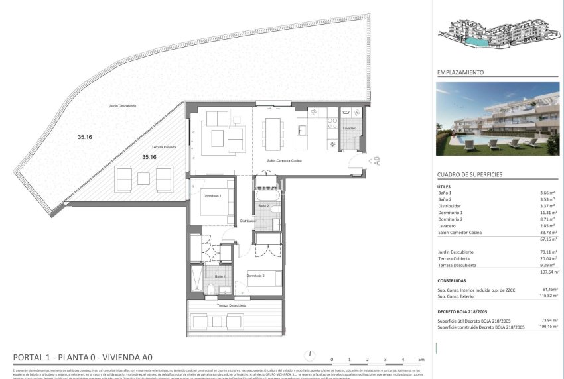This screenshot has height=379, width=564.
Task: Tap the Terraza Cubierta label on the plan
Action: coord(163,147)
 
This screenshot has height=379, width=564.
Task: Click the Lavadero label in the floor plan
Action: coord(350,128)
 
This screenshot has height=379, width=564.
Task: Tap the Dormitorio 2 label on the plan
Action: coord(255,275)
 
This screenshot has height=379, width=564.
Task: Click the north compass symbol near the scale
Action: coord(309,356)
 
